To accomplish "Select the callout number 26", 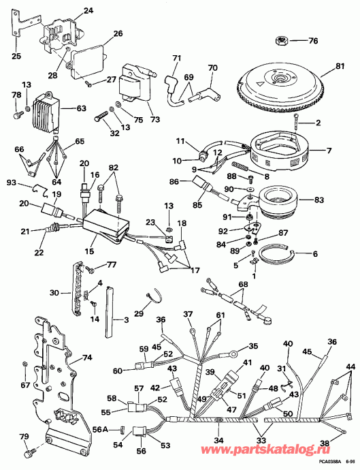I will (x=116, y=33).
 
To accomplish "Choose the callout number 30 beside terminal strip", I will (x=54, y=294).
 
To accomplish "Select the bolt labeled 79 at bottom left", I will (x=27, y=452).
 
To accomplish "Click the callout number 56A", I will (x=99, y=430).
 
